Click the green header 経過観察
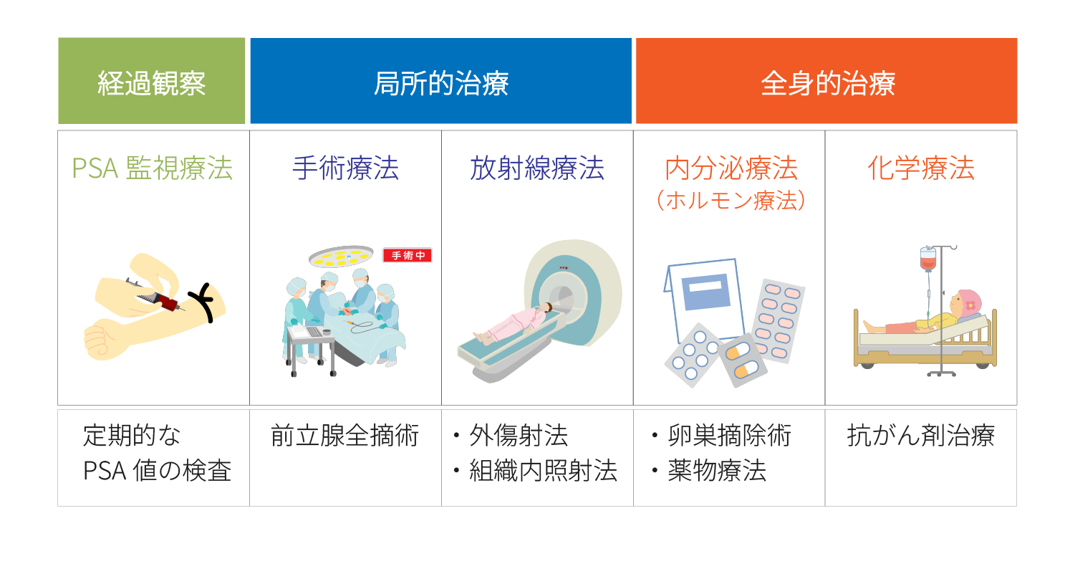click(152, 81)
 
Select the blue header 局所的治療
click(441, 81)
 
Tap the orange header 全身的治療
click(826, 81)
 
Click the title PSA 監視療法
click(152, 168)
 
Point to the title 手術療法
click(345, 168)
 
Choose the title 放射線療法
click(537, 168)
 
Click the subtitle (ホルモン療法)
click(731, 201)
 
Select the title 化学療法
click(921, 168)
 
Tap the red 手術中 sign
click(408, 256)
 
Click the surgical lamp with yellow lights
click(341, 257)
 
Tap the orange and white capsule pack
click(743, 360)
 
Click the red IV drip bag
click(927, 259)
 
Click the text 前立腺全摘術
click(345, 436)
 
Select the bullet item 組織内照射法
click(543, 470)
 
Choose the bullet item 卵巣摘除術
click(729, 436)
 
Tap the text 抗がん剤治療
click(921, 436)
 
